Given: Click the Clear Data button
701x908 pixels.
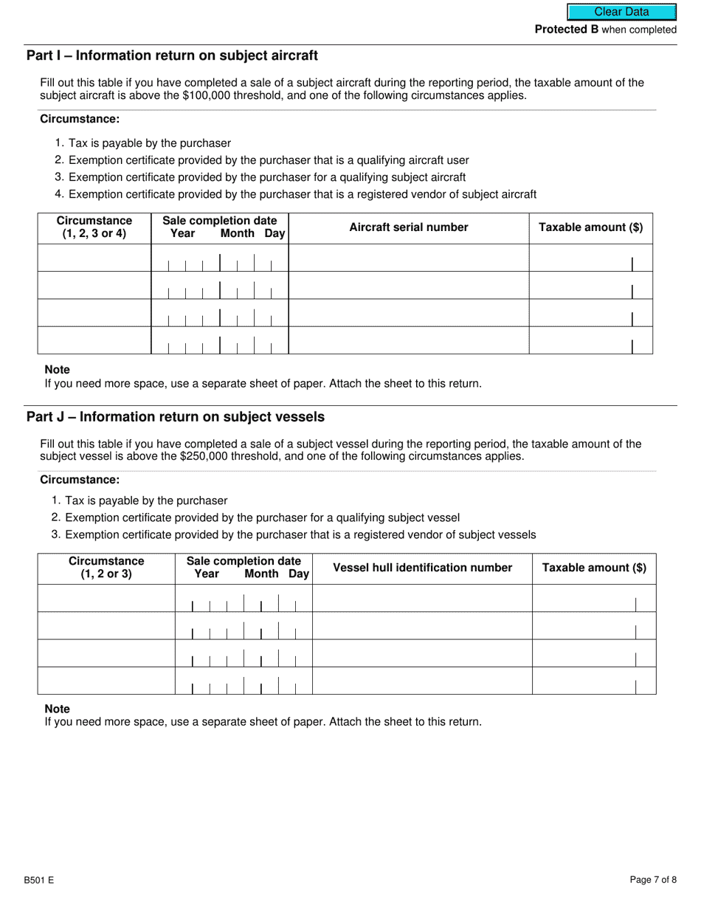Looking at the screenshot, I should tap(621, 12).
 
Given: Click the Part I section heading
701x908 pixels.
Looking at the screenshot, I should tap(172, 55).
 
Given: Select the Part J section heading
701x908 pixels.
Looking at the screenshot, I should tap(175, 417).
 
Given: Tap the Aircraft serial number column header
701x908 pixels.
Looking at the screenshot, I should tap(408, 227).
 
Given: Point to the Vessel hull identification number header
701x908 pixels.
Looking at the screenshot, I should tap(422, 568).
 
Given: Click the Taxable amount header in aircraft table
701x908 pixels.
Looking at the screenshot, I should tap(590, 227).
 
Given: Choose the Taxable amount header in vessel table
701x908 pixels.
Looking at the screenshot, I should tap(593, 568).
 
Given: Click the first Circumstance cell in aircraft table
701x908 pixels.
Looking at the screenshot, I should tap(94, 258).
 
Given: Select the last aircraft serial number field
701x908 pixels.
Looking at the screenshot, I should tap(408, 340).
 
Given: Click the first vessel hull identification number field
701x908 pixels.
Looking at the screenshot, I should tap(422, 599).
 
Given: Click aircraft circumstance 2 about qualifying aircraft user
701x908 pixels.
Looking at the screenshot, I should tap(269, 160).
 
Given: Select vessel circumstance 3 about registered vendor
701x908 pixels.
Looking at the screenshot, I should tap(300, 534).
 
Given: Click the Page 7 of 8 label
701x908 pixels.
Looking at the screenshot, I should tap(653, 880).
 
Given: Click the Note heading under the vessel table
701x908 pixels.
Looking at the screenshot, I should tap(58, 709).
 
